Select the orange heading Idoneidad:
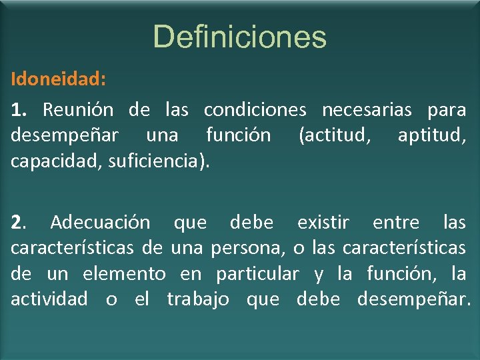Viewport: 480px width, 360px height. (x=58, y=79)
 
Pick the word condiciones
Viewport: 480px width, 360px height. (x=255, y=109)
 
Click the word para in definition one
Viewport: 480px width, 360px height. (x=446, y=109)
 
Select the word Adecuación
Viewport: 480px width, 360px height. (x=100, y=222)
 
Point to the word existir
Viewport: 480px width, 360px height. (x=323, y=222)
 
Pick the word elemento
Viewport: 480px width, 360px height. (x=124, y=274)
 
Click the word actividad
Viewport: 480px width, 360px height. (x=49, y=299)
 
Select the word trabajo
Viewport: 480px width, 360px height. (x=198, y=299)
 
